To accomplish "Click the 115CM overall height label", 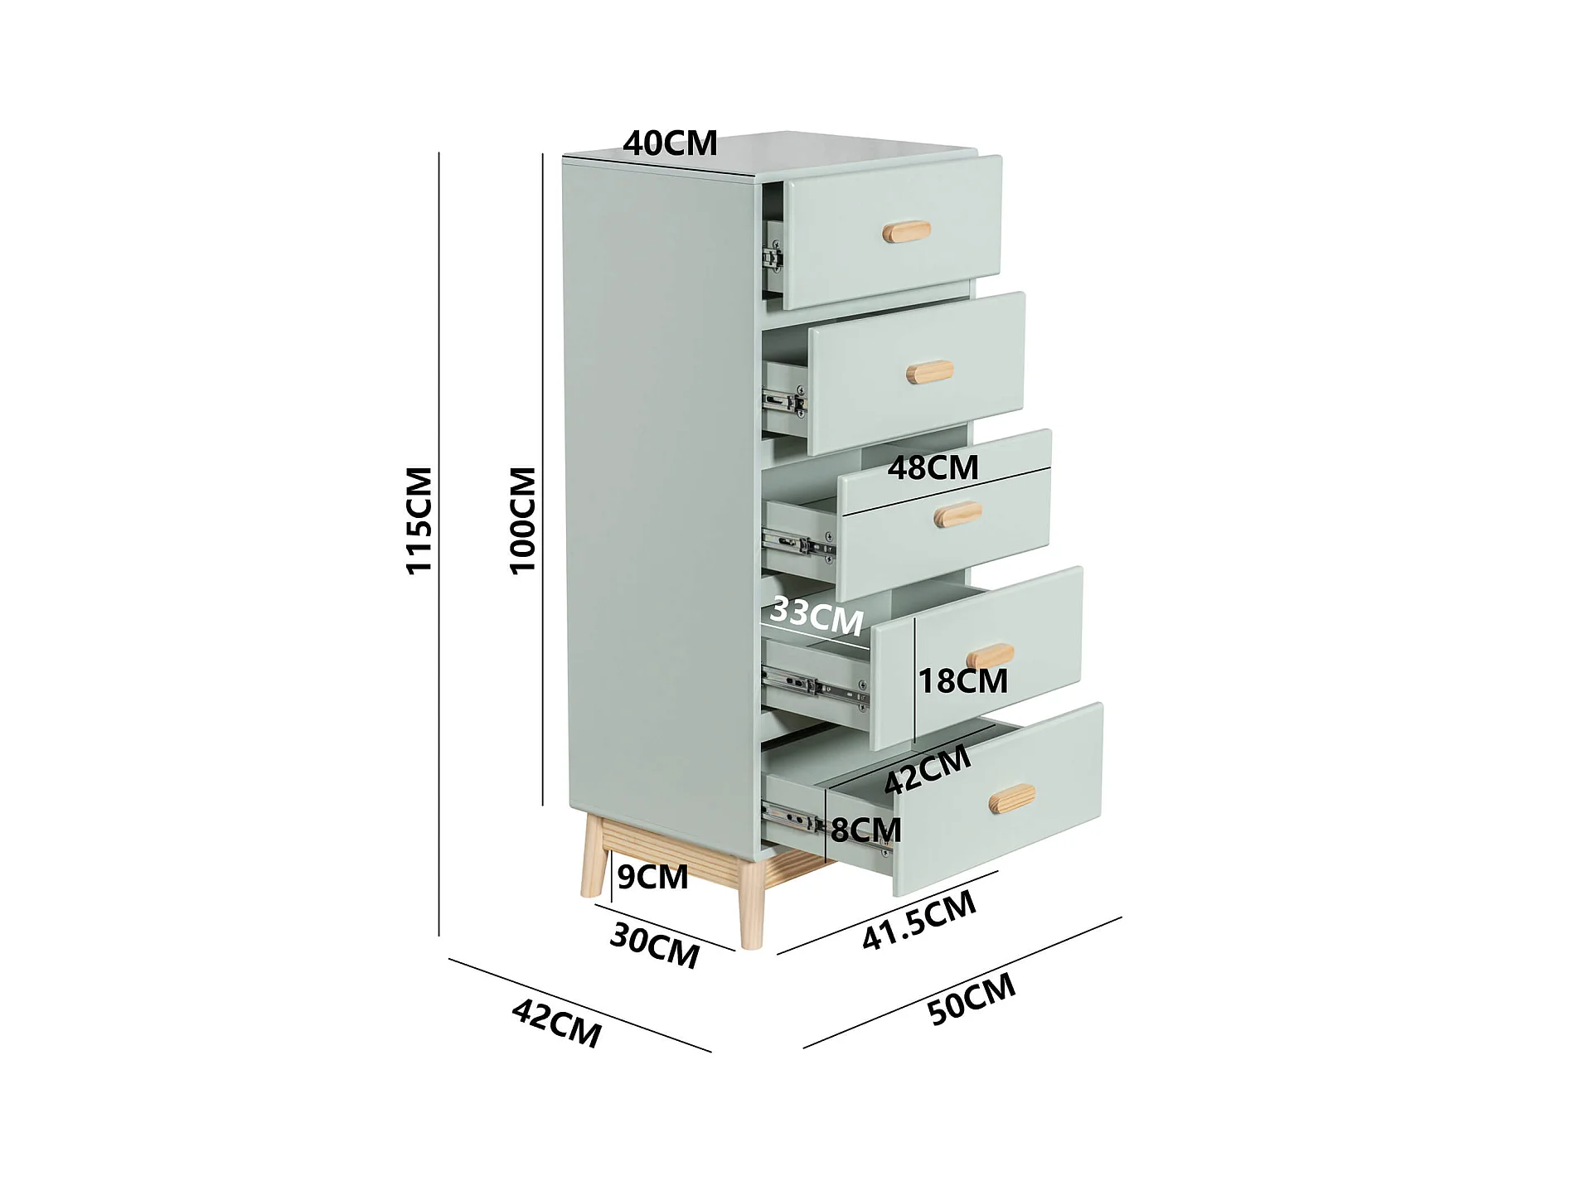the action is click(419, 520).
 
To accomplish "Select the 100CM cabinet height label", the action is click(522, 520).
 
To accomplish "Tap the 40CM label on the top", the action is click(670, 143).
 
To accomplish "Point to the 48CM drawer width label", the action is click(933, 468).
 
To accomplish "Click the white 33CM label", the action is click(817, 616).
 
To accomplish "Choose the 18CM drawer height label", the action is click(963, 681).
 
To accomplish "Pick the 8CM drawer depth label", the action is click(865, 830).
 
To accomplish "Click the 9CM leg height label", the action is click(652, 877).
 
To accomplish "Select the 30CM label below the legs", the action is click(654, 946).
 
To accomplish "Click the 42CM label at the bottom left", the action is click(556, 1024).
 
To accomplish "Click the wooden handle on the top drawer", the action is click(906, 231).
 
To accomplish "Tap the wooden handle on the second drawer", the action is click(929, 372).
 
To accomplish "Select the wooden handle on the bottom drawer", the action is click(1012, 798).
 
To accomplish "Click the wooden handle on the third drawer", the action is click(957, 514).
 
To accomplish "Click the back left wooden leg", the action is click(594, 858).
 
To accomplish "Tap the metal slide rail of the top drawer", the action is click(773, 256).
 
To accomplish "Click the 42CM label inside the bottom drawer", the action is click(928, 769).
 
